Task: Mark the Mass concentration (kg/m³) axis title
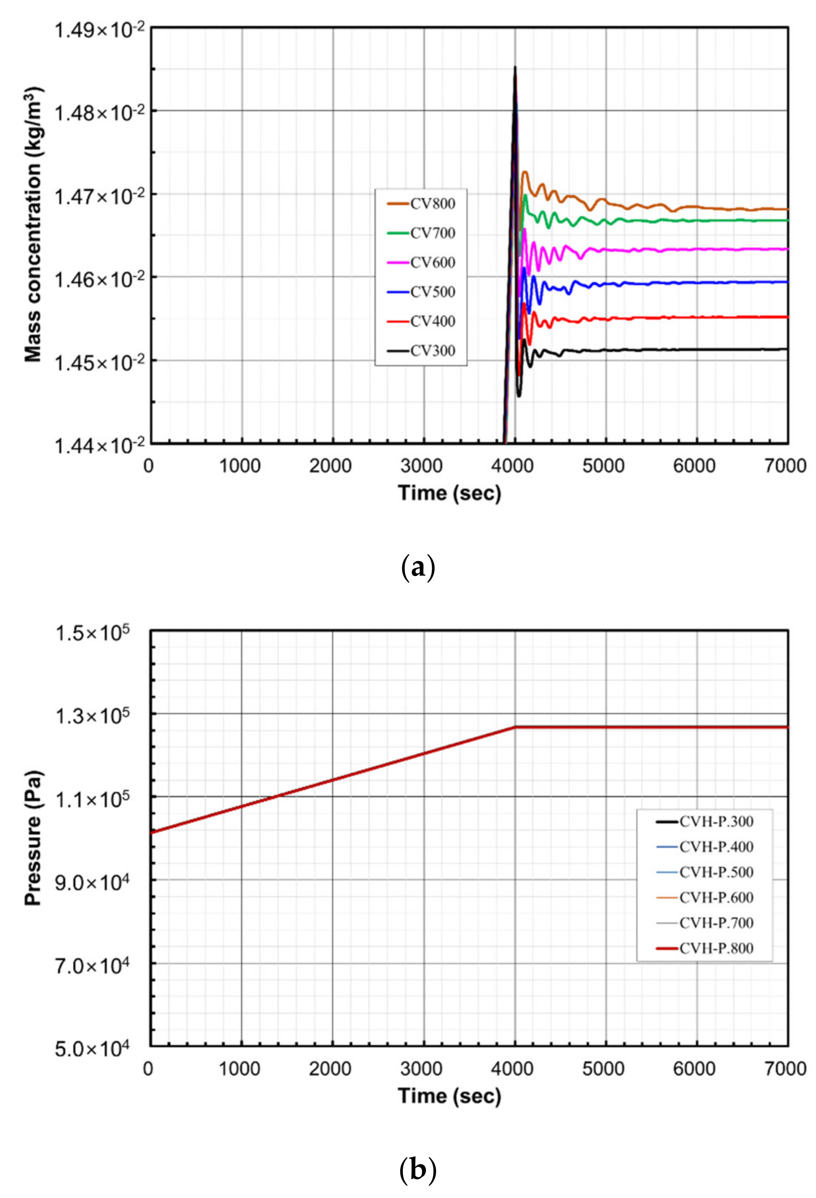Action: point(33,225)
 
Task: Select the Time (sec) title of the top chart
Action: point(449,493)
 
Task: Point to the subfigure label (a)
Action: point(417,567)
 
